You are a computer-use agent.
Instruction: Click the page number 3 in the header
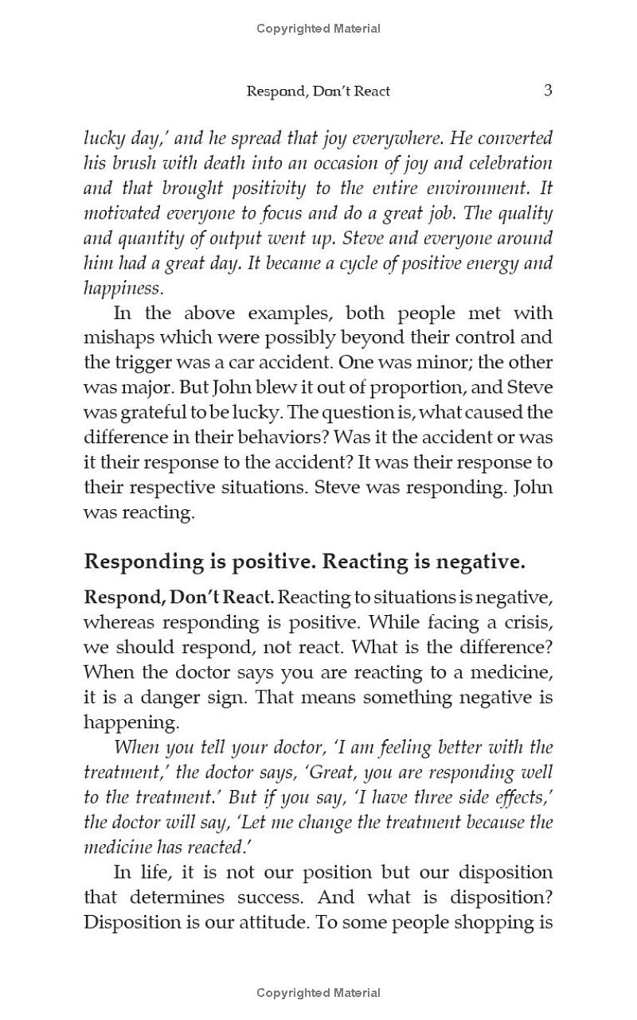coord(548,90)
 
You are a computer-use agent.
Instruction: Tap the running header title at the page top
coord(318,91)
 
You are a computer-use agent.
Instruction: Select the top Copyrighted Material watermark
coord(318,29)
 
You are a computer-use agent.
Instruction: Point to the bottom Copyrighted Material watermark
coord(318,992)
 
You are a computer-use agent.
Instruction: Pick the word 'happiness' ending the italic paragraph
coord(122,289)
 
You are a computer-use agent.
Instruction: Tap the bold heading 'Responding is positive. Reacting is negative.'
coord(304,562)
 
